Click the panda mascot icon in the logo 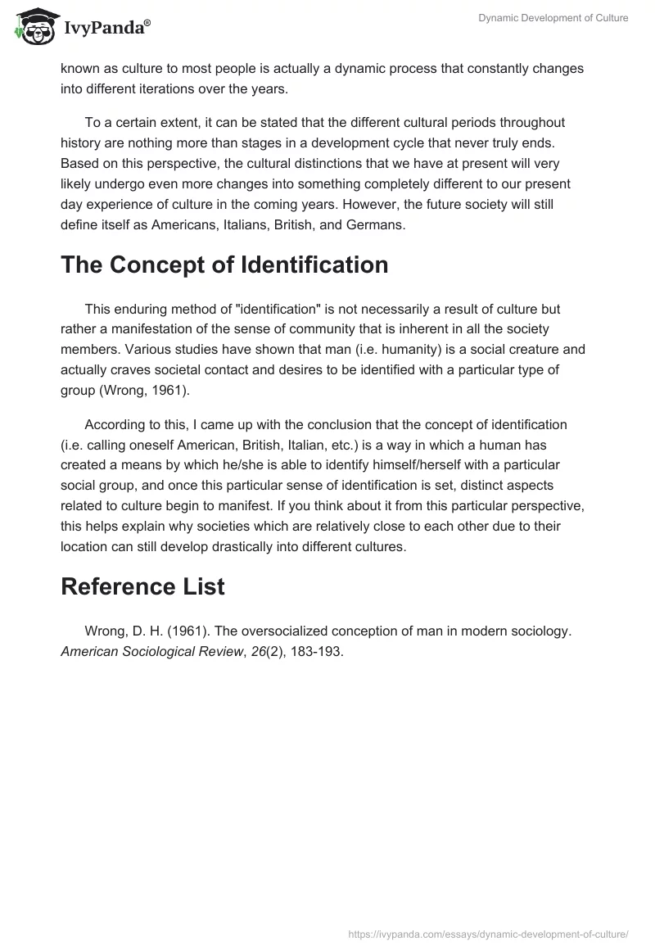coord(32,26)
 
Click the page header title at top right coord(553,18)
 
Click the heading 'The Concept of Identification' coord(224,265)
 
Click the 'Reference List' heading coord(142,586)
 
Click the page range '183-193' coord(328,652)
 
